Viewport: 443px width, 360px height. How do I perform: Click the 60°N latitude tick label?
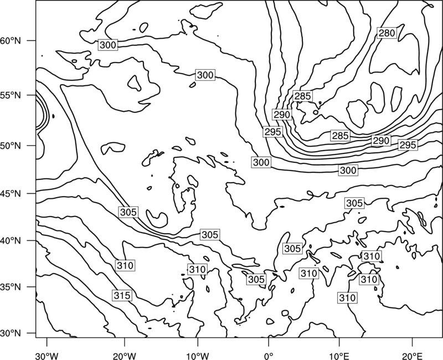click(11, 41)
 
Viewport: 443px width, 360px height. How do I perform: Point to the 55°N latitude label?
click(11, 95)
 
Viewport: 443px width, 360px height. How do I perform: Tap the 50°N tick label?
click(11, 146)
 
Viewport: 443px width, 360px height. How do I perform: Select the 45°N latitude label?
click(11, 194)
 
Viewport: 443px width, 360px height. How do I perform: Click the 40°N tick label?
click(11, 241)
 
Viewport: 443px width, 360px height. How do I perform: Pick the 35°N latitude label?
click(11, 287)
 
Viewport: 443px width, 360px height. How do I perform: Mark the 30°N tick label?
click(11, 333)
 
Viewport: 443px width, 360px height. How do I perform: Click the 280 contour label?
click(387, 33)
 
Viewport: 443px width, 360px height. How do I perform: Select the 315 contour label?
click(122, 295)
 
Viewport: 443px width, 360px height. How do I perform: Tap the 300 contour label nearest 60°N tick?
click(108, 45)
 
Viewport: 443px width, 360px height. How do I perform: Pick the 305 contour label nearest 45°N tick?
click(128, 212)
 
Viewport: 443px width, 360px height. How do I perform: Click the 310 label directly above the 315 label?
click(125, 265)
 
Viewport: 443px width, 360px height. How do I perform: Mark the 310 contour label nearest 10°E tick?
click(347, 297)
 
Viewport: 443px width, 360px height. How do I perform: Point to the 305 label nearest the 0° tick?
click(256, 279)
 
